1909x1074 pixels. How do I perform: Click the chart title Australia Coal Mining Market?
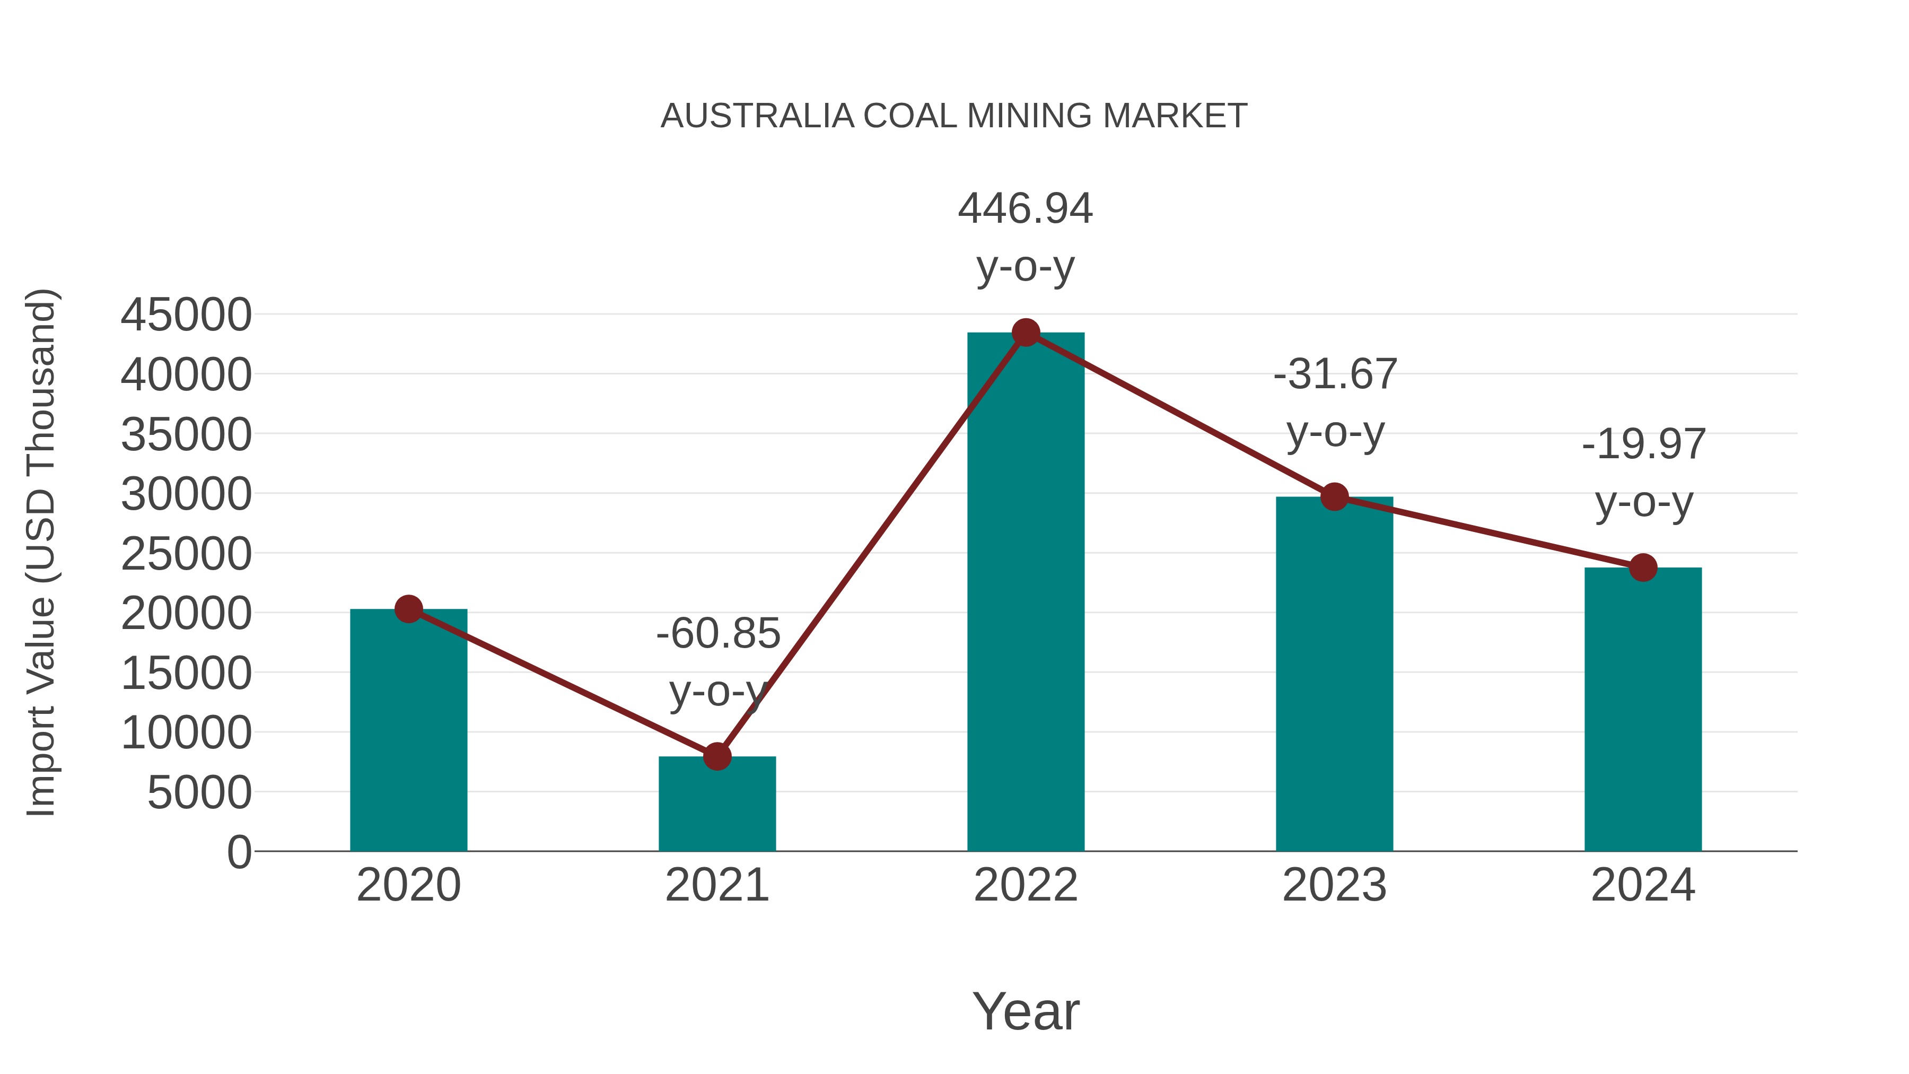pyautogui.click(x=954, y=116)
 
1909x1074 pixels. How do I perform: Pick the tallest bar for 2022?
pyautogui.click(x=1026, y=593)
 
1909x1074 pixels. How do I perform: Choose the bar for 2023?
pyautogui.click(x=1334, y=675)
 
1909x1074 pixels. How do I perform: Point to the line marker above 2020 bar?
pyautogui.click(x=408, y=609)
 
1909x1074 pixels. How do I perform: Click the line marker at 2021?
pyautogui.click(x=716, y=757)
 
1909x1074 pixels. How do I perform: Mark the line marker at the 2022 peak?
pyautogui.click(x=1026, y=333)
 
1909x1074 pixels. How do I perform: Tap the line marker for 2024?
pyautogui.click(x=1643, y=567)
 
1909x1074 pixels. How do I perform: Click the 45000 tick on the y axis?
pyautogui.click(x=186, y=315)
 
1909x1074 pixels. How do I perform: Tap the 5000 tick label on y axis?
pyautogui.click(x=199, y=793)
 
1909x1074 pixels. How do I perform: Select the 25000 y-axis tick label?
pyautogui.click(x=186, y=554)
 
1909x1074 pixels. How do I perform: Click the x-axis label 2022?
pyautogui.click(x=1026, y=885)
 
